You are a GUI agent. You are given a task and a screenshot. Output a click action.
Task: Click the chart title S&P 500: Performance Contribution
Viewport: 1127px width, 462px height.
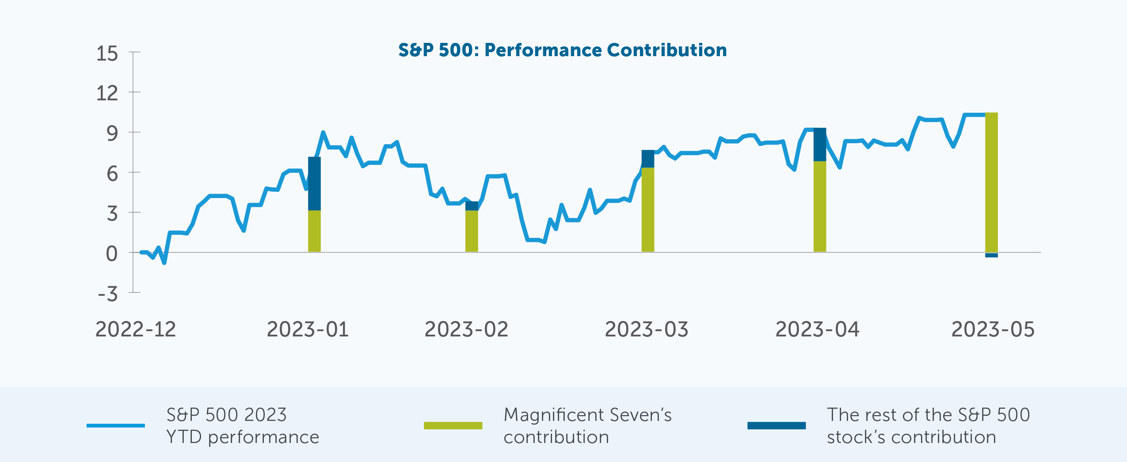[562, 50]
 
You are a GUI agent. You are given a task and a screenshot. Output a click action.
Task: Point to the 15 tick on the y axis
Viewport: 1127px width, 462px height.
[107, 53]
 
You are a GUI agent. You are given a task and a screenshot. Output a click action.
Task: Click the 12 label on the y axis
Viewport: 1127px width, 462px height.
[107, 93]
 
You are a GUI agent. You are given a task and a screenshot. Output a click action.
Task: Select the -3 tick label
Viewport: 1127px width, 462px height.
[108, 294]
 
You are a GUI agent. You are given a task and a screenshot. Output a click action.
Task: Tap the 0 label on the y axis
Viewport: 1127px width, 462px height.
[112, 254]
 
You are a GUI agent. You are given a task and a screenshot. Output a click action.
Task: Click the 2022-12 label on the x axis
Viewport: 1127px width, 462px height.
[136, 329]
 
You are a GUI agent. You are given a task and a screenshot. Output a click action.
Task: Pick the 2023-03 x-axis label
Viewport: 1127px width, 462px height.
[646, 329]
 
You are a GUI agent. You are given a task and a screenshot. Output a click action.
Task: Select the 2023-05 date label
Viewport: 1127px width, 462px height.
[993, 329]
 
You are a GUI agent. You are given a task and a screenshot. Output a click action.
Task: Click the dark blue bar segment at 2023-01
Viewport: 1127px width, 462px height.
[314, 183]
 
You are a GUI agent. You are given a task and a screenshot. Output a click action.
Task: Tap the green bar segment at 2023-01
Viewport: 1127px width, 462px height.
[314, 231]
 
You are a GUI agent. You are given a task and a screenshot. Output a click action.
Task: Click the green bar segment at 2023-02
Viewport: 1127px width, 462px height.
[472, 231]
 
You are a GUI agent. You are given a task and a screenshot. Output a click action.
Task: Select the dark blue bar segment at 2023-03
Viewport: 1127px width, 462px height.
[647, 159]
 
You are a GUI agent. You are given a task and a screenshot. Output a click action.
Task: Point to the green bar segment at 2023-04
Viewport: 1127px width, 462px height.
[819, 206]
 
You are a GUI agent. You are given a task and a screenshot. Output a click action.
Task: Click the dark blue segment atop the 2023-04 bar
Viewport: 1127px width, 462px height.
[819, 145]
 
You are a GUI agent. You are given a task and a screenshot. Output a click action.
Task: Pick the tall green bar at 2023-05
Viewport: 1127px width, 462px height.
[991, 182]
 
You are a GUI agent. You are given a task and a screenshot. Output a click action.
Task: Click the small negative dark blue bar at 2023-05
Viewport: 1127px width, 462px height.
[991, 255]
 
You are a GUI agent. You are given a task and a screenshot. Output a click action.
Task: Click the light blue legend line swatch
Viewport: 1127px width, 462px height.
[115, 425]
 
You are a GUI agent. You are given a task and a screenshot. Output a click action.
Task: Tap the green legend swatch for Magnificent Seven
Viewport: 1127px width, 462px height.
[453, 425]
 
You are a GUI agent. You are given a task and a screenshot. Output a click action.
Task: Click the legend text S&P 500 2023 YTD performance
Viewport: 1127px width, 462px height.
[242, 425]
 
